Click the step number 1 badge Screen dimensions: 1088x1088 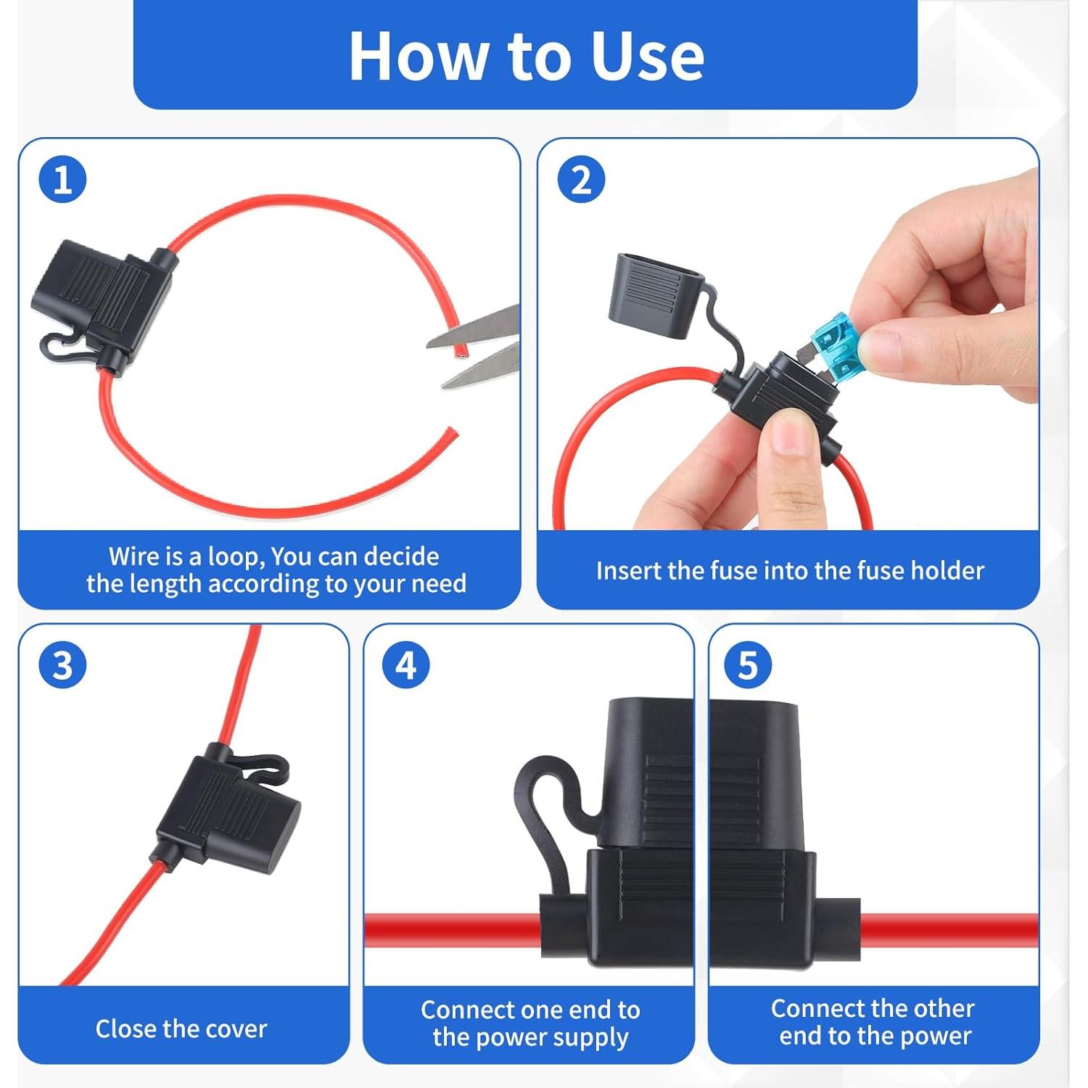pyautogui.click(x=62, y=179)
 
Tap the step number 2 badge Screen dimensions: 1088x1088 pyautogui.click(x=581, y=179)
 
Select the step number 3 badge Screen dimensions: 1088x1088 pyautogui.click(x=62, y=665)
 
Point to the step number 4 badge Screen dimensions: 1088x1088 pyautogui.click(x=405, y=665)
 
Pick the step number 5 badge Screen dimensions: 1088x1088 pyautogui.click(x=748, y=665)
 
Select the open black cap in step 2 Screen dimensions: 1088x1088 pyautogui.click(x=656, y=294)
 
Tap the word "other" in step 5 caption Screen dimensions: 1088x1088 pyautogui.click(x=941, y=1008)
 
